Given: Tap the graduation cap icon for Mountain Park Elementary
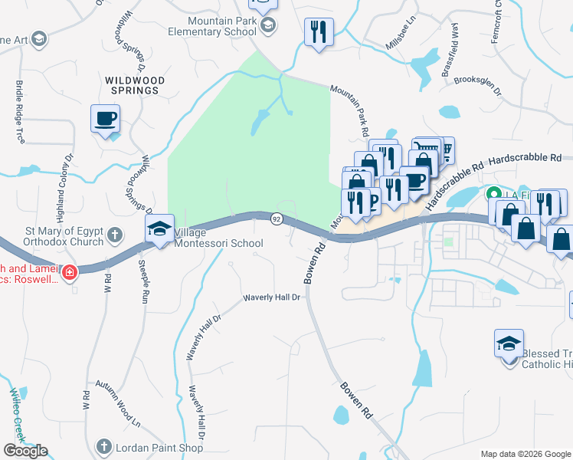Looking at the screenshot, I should (x=267, y=27).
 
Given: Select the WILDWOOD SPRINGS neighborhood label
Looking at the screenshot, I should (x=133, y=84).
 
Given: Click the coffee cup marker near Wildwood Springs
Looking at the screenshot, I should (x=105, y=120).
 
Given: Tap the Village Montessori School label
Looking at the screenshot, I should (x=218, y=238).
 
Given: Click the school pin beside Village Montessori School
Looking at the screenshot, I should (x=160, y=230).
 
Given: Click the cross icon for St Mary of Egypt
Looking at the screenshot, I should (x=115, y=234).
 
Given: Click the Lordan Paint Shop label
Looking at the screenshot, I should (x=160, y=446).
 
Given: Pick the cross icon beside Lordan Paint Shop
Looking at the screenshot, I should (x=105, y=446).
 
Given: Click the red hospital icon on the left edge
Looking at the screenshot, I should (x=70, y=271).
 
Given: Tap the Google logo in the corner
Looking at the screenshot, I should (x=25, y=451).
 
